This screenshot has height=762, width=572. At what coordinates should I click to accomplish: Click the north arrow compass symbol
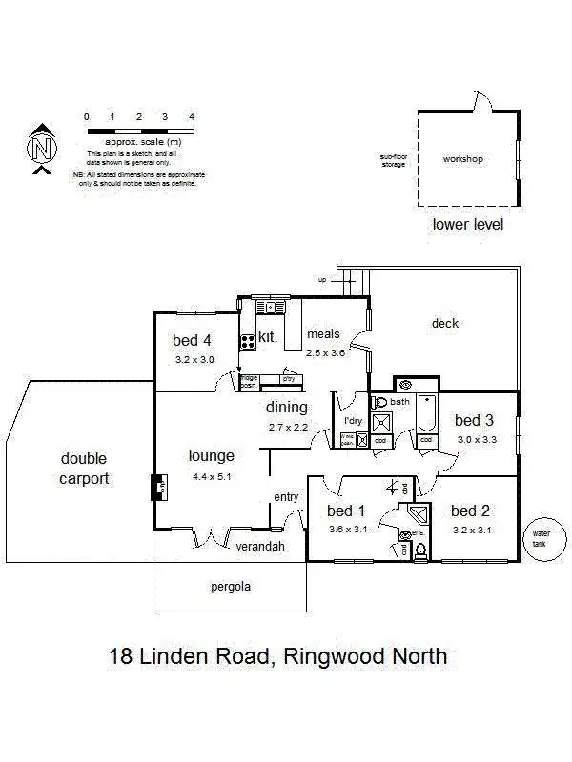tap(40, 150)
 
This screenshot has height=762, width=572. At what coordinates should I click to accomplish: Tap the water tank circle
tap(542, 539)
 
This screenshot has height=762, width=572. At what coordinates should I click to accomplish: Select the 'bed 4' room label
tap(194, 340)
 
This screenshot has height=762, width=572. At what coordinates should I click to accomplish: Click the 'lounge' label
tap(212, 455)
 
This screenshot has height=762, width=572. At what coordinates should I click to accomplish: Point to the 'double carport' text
tap(84, 469)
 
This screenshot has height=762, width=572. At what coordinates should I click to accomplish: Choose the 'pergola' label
tap(230, 587)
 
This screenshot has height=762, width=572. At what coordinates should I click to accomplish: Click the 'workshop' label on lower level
tap(462, 158)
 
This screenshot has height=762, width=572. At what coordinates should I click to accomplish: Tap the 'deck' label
tap(445, 323)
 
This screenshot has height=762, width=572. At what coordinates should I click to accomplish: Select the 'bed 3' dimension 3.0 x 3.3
tap(474, 439)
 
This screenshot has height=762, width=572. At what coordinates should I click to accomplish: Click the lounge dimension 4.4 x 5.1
tap(212, 475)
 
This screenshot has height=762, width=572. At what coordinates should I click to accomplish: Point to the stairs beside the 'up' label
tap(354, 280)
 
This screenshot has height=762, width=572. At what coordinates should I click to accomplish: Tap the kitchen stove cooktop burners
tap(247, 339)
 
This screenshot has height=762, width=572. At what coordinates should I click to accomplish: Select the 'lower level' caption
tap(467, 225)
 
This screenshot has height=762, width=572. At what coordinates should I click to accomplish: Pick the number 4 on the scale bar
tap(192, 117)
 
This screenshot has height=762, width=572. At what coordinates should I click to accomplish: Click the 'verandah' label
tap(260, 546)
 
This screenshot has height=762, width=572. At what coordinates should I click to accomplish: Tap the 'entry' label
tap(286, 497)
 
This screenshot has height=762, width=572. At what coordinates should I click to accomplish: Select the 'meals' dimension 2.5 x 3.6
tap(325, 352)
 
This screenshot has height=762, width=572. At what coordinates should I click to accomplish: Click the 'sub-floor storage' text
tap(393, 160)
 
